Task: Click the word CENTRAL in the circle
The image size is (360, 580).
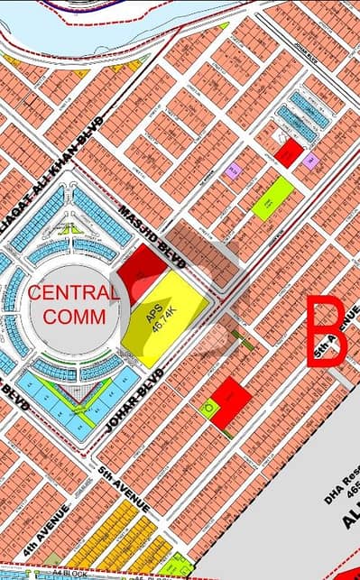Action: [x=71, y=292]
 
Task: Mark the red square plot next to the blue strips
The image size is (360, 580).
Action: [x=288, y=152]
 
